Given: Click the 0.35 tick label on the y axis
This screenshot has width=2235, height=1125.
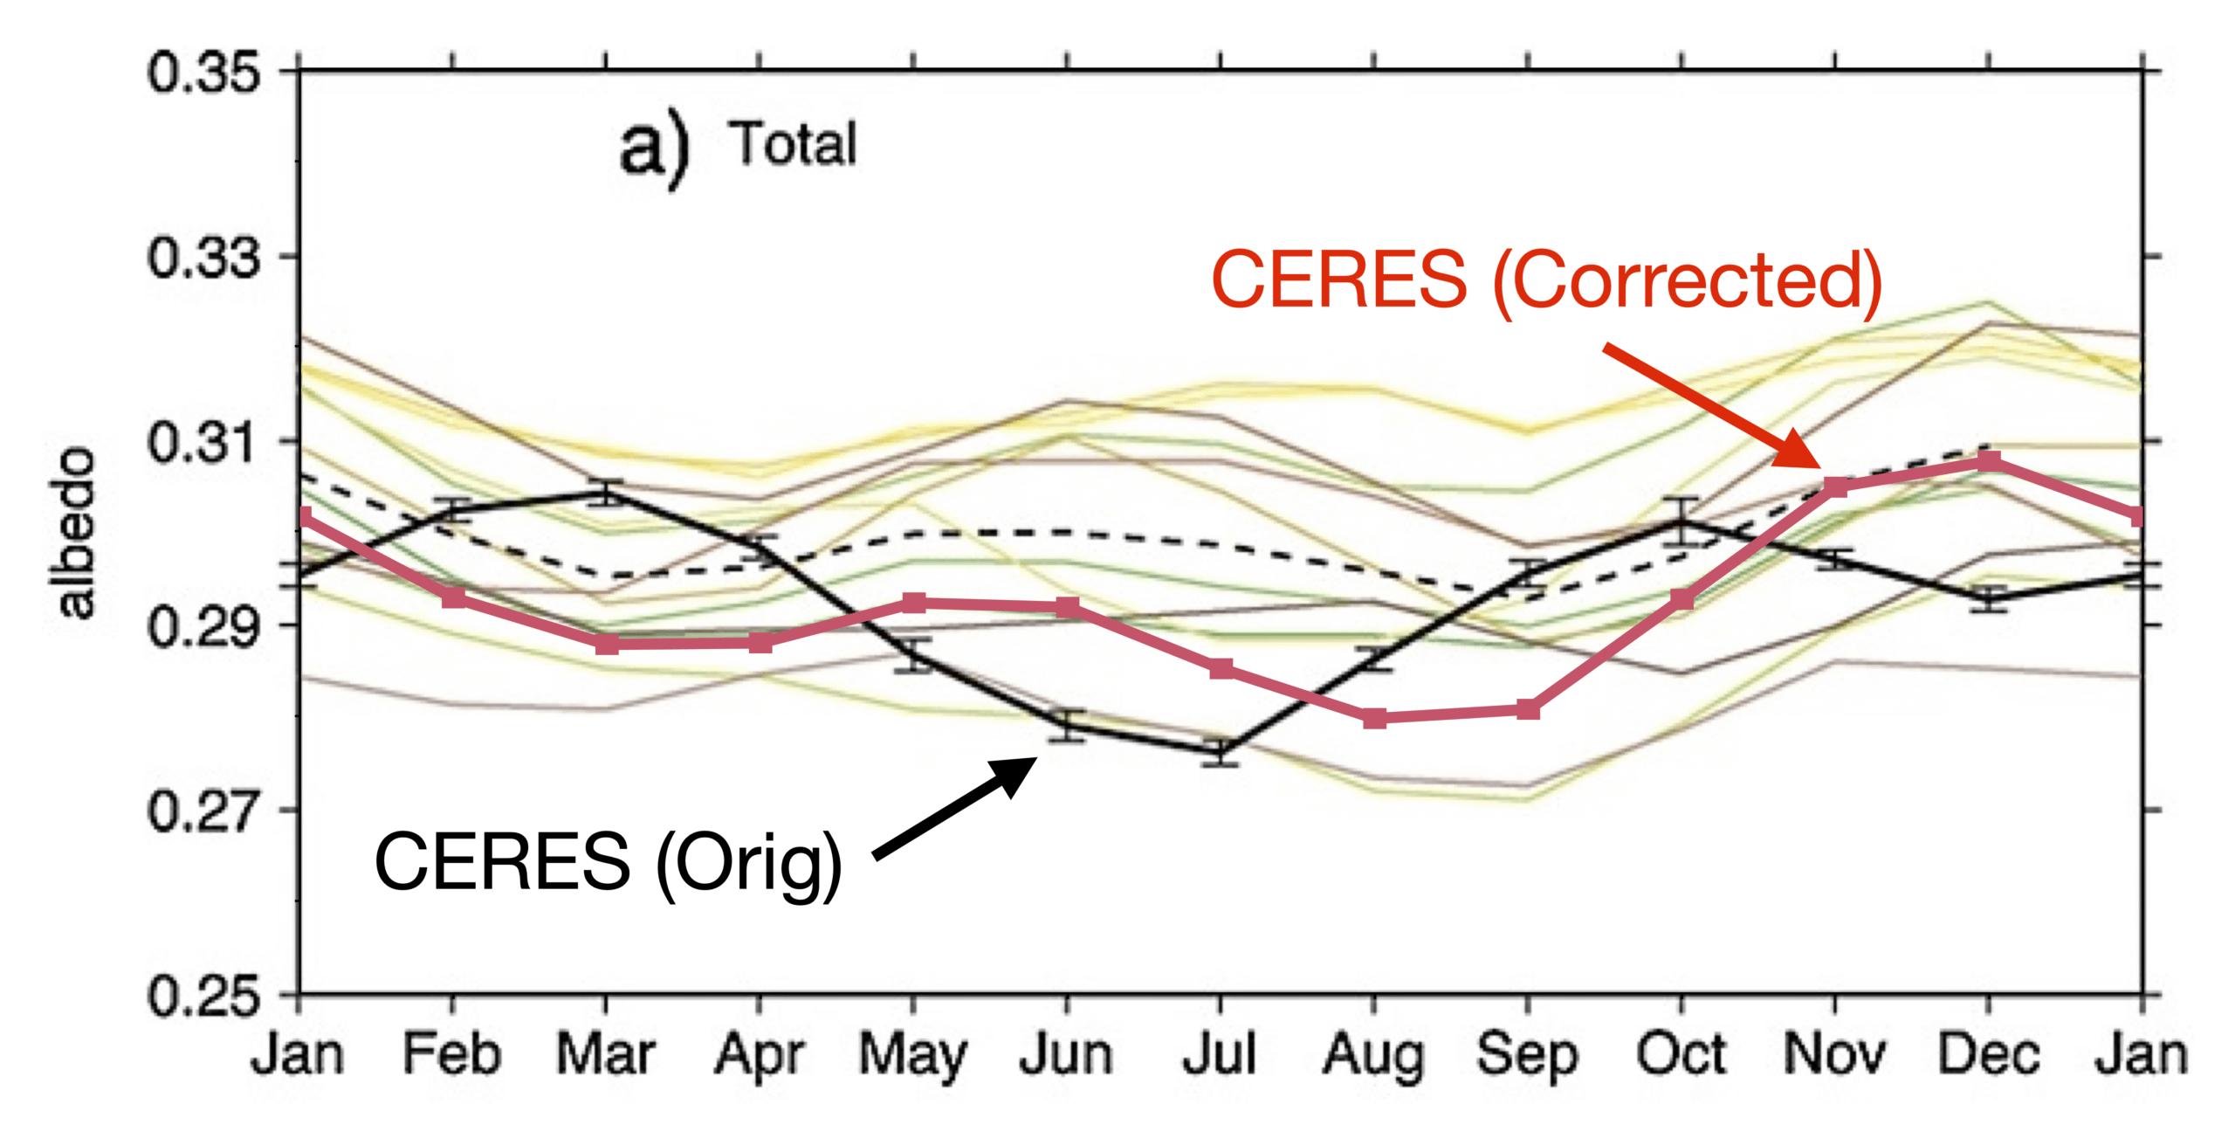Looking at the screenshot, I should pyautogui.click(x=203, y=72).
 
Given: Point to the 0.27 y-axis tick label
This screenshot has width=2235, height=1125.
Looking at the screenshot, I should pyautogui.click(x=203, y=811).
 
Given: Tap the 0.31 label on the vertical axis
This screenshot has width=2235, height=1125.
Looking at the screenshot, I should pyautogui.click(x=203, y=442).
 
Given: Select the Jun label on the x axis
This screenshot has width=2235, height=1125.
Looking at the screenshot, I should pyautogui.click(x=1066, y=1055).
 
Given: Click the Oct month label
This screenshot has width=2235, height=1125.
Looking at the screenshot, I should pyautogui.click(x=1681, y=1055).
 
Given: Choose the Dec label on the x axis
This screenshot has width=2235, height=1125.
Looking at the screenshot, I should pyautogui.click(x=1988, y=1055).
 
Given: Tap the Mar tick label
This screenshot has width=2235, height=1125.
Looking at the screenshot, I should pyautogui.click(x=606, y=1055).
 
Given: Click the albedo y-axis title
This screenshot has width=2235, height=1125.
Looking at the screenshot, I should pyautogui.click(x=75, y=533).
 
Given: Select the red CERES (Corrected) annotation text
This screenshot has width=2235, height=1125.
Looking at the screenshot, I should pyautogui.click(x=1546, y=280).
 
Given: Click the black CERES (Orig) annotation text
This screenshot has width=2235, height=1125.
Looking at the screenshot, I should pyautogui.click(x=608, y=862).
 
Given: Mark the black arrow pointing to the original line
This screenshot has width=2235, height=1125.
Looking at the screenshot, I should pyautogui.click(x=956, y=807).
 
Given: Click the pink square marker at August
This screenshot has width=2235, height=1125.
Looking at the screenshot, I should pyautogui.click(x=1374, y=718).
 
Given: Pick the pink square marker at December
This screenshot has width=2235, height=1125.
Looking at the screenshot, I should pyautogui.click(x=1989, y=461).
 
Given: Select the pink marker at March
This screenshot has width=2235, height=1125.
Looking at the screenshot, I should pyautogui.click(x=607, y=645).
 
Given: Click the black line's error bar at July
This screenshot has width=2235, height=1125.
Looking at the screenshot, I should pyautogui.click(x=1220, y=752).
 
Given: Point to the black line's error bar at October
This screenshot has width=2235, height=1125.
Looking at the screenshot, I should pyautogui.click(x=1681, y=521).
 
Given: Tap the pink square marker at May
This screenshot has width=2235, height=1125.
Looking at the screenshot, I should pyautogui.click(x=913, y=603).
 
